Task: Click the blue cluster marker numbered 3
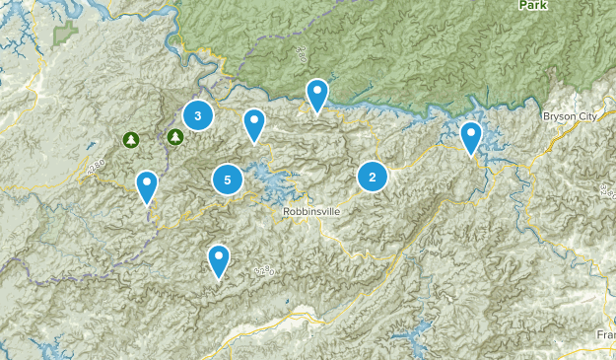tap(198, 115)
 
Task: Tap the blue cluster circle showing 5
tap(228, 180)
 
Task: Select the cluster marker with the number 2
tap(373, 177)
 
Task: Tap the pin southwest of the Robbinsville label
tap(219, 261)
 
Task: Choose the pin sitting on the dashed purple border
tap(147, 186)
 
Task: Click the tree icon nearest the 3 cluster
tap(174, 137)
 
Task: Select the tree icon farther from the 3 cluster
tap(130, 140)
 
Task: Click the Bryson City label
tap(570, 116)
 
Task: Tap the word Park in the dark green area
tap(535, 5)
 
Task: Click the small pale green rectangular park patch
tap(66, 33)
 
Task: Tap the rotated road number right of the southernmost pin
tap(263, 269)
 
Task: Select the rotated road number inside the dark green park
tap(297, 61)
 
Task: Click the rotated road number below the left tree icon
tap(96, 171)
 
